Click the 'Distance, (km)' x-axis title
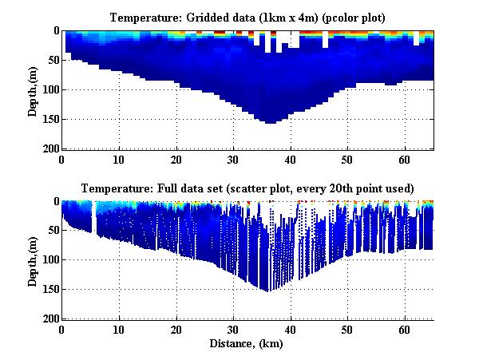248,344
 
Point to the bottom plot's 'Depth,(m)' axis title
33,260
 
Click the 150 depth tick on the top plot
49,119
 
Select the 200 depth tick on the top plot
49,148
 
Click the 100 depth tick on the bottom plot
49,260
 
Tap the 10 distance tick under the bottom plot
119,330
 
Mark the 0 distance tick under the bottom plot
62,330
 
